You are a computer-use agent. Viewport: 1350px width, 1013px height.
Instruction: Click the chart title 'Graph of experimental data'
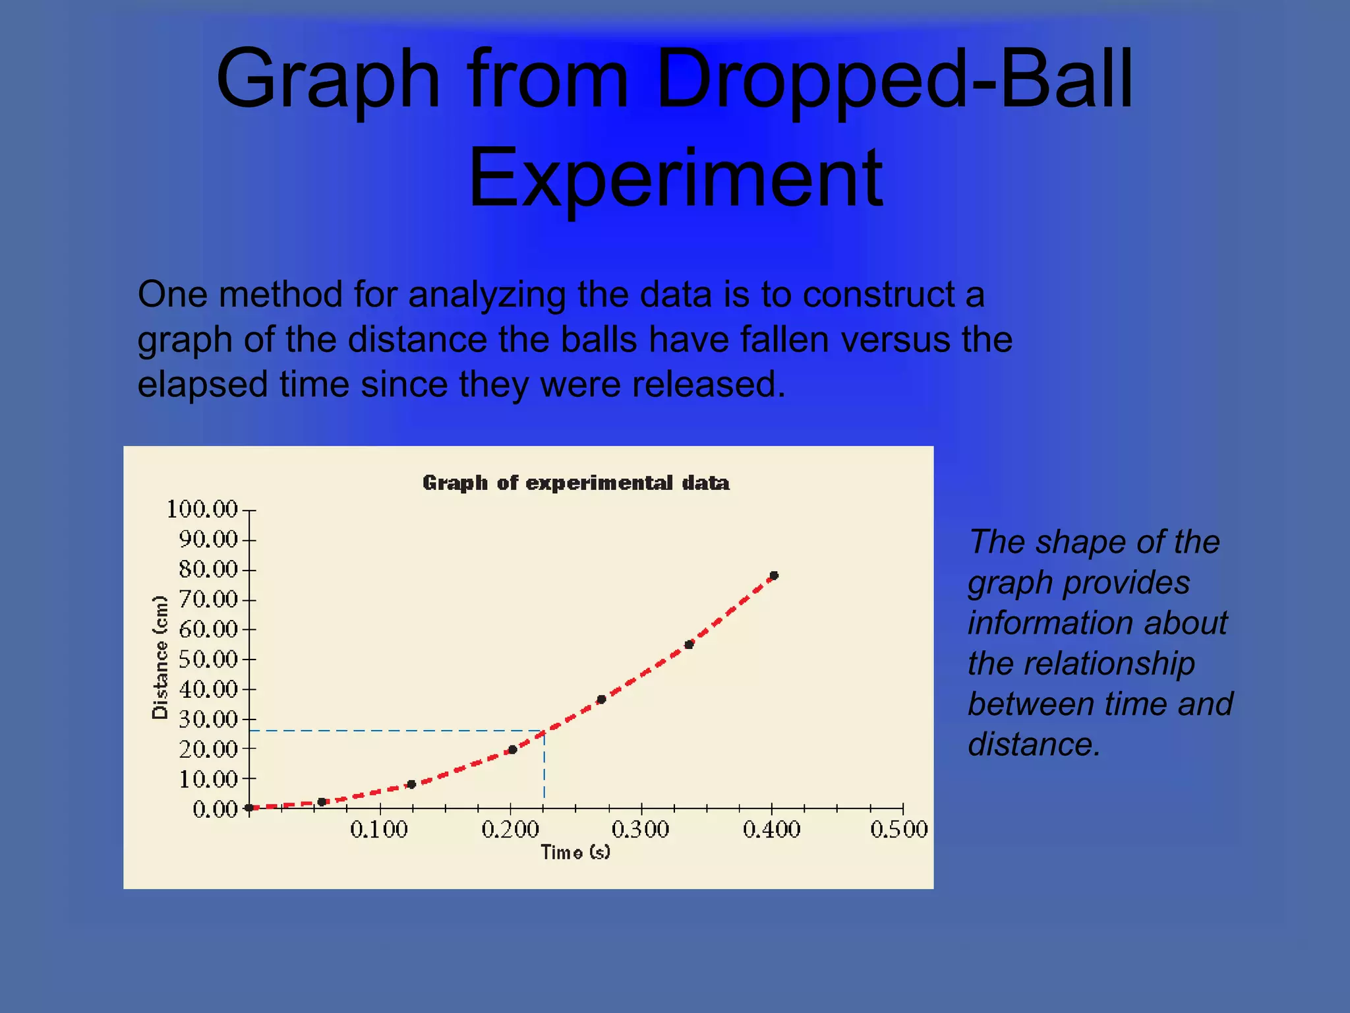(575, 483)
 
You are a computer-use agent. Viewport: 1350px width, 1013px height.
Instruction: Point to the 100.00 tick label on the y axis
(202, 509)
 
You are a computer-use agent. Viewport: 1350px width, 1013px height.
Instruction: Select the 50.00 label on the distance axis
(208, 659)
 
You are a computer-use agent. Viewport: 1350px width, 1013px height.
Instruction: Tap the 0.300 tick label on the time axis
(640, 829)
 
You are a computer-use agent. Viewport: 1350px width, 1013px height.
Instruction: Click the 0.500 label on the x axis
(898, 829)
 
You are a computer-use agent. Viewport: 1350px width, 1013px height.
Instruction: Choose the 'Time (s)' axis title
(575, 852)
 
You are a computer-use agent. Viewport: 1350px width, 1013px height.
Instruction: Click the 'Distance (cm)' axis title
(160, 657)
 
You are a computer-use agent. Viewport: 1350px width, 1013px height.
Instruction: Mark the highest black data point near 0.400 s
(774, 576)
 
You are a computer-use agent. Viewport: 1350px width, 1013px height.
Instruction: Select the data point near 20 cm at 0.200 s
(512, 749)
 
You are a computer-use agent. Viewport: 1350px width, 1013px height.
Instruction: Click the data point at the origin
(249, 807)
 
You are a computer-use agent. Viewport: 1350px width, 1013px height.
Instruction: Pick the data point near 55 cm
(689, 644)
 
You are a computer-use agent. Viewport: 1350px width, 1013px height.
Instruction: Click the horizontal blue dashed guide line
(396, 731)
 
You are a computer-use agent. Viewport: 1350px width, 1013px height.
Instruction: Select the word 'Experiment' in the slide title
(675, 178)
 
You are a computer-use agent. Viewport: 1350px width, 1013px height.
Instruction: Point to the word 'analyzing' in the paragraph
(486, 294)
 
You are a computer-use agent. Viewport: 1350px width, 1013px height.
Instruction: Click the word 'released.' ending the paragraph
(709, 384)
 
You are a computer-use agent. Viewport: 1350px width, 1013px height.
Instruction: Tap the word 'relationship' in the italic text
(1080, 663)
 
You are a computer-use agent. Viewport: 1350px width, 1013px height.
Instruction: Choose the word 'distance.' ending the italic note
(1034, 745)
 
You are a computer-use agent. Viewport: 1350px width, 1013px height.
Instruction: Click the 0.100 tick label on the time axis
(379, 829)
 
